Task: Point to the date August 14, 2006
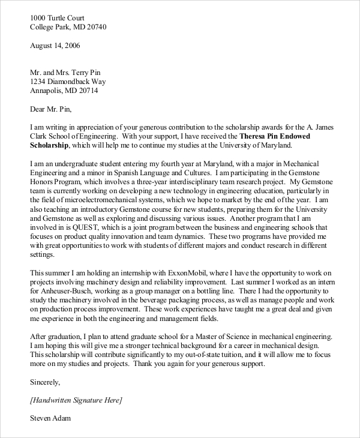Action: (x=55, y=46)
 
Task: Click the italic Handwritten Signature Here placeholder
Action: (x=76, y=400)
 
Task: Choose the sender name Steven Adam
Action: (x=50, y=418)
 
